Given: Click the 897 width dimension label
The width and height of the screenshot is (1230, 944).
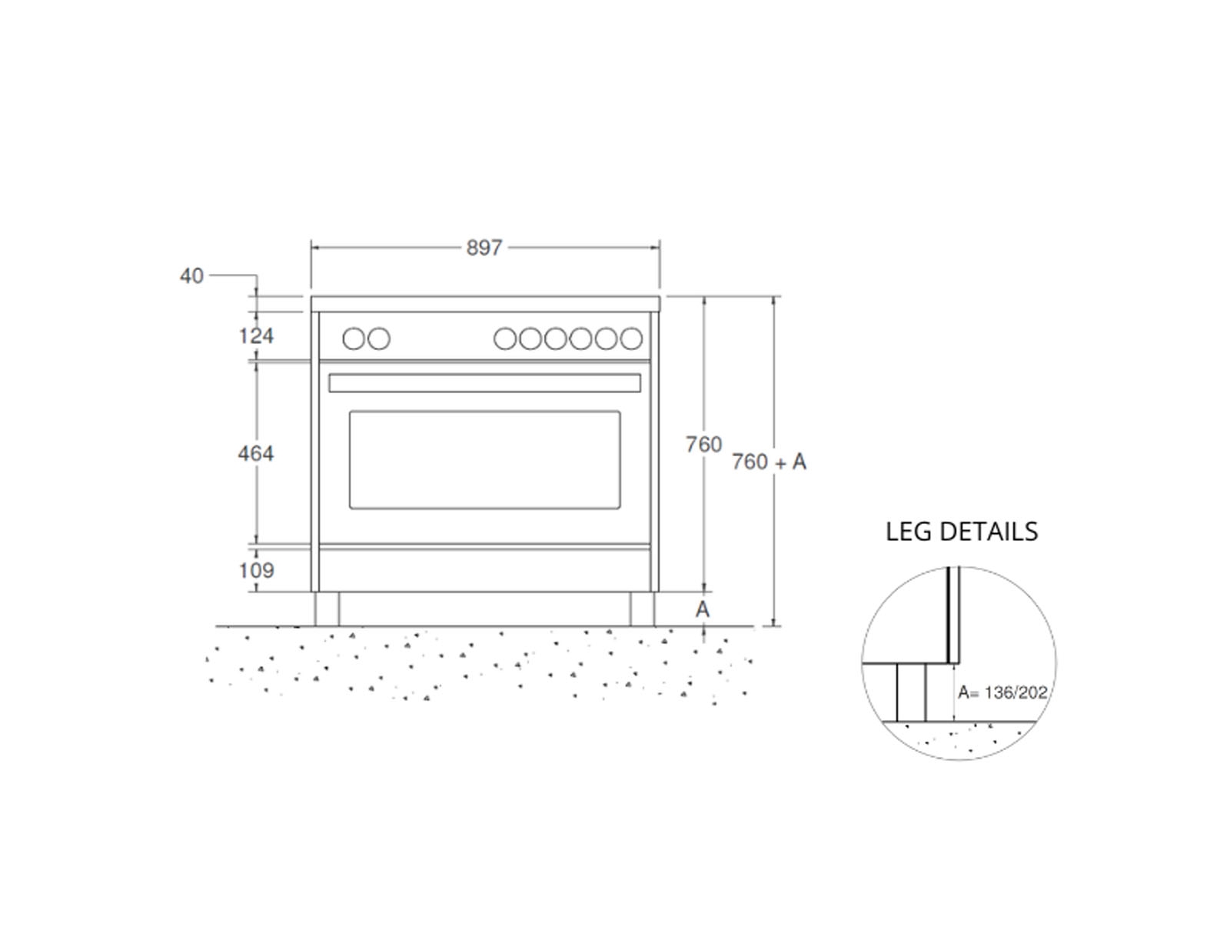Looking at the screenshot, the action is pos(484,248).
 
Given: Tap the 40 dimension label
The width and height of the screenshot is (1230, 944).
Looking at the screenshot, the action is pos(191,275).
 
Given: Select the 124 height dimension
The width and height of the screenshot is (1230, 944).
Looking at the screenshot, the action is pos(256,335).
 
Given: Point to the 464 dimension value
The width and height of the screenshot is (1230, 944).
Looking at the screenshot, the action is pos(256,453).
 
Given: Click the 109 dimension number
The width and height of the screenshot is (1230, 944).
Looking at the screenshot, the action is pos(257,570).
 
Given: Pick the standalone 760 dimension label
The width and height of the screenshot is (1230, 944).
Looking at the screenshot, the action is pos(703,445).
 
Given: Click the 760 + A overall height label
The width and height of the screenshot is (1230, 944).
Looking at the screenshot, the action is pos(769,462).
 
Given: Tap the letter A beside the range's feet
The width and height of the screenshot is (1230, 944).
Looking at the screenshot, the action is pos(703,609).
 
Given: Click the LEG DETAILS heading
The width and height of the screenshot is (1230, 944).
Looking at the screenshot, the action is pos(962,532).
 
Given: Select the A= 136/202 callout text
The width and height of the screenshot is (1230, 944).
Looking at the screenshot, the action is pos(1002,692).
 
